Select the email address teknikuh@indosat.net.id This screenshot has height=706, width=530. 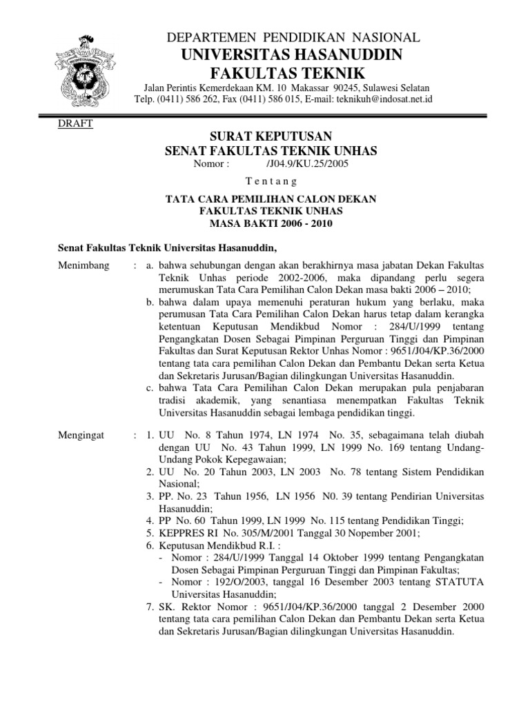click(x=394, y=99)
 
